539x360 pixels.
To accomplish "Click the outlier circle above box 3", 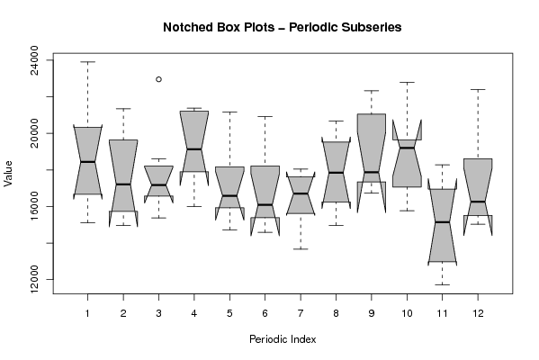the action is tap(158, 79).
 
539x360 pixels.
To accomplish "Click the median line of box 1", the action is tap(87, 162).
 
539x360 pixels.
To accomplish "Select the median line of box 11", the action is tap(443, 222).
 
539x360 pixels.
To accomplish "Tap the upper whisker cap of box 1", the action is tap(87, 62).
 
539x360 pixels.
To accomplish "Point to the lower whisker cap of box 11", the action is tap(443, 284).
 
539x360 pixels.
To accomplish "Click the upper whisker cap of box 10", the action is tap(407, 83).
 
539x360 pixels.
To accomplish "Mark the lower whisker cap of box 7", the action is tap(301, 249).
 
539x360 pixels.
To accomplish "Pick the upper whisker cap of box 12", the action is tap(478, 89).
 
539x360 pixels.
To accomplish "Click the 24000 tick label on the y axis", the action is tap(35, 60).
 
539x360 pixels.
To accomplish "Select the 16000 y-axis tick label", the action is tap(35, 206).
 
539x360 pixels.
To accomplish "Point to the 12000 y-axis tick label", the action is tap(35, 279).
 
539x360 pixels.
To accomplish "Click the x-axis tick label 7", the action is tap(301, 313).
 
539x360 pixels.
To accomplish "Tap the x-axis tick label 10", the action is tap(407, 313).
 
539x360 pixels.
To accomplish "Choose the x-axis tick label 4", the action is tap(193, 313).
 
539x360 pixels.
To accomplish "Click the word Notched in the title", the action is tap(185, 27).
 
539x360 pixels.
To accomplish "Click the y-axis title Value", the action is tap(8, 174).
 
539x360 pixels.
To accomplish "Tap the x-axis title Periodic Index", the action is tap(283, 339).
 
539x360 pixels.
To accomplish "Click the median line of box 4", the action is tap(193, 148).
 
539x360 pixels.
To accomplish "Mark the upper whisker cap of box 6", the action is tap(265, 117).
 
